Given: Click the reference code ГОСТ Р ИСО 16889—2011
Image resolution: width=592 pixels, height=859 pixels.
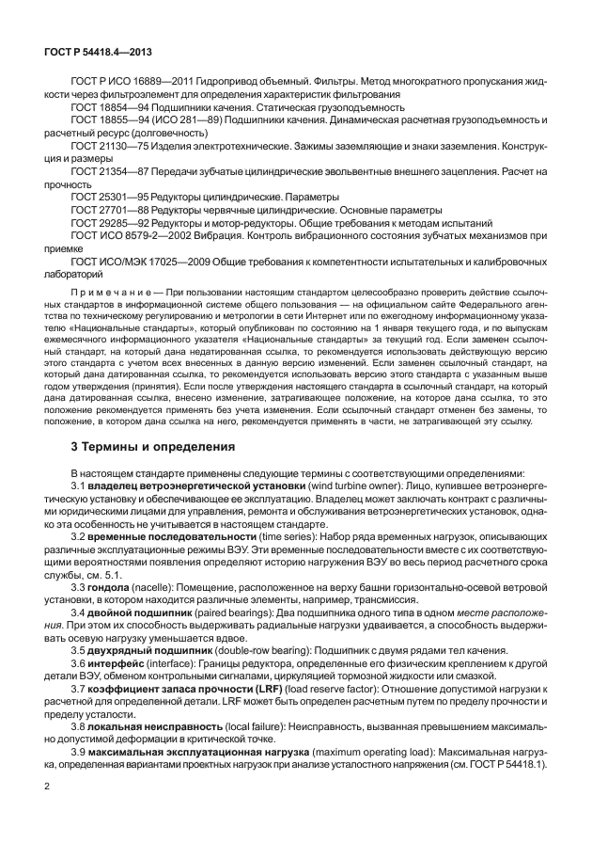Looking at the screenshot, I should (x=127, y=83).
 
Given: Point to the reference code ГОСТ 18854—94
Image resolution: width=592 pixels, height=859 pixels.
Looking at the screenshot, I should (x=109, y=108).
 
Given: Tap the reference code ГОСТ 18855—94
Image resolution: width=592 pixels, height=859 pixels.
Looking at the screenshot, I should (x=109, y=121).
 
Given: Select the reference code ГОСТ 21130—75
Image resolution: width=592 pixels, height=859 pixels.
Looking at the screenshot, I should (x=109, y=148).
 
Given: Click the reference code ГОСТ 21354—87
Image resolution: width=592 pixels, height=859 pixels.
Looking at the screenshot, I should (x=109, y=174).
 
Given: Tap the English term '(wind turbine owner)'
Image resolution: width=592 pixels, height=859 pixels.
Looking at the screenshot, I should (x=359, y=485).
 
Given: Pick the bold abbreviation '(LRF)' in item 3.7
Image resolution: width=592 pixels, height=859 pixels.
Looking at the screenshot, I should (x=273, y=690).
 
